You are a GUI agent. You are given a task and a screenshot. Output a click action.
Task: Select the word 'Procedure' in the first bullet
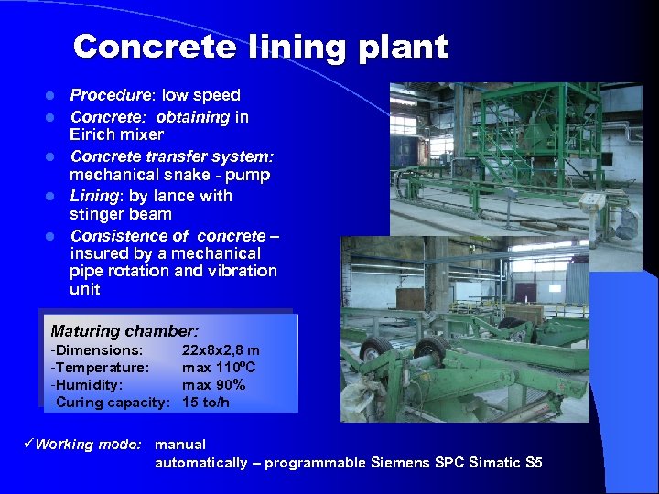pyautogui.click(x=110, y=95)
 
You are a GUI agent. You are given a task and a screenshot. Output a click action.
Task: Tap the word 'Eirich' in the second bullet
pyautogui.click(x=92, y=134)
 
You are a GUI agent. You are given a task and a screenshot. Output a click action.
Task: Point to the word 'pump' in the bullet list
pyautogui.click(x=251, y=175)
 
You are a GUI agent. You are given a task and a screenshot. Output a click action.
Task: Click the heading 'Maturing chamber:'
pyautogui.click(x=124, y=331)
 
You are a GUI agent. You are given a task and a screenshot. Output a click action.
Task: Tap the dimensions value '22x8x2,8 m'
pyautogui.click(x=221, y=350)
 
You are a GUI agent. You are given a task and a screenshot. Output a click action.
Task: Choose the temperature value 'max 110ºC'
pyautogui.click(x=219, y=368)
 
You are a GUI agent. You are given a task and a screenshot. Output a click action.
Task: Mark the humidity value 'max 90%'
pyautogui.click(x=213, y=385)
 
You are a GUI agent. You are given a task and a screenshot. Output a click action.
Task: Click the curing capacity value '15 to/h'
pyautogui.click(x=206, y=403)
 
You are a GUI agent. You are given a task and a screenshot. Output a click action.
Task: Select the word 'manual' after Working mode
pyautogui.click(x=180, y=445)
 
